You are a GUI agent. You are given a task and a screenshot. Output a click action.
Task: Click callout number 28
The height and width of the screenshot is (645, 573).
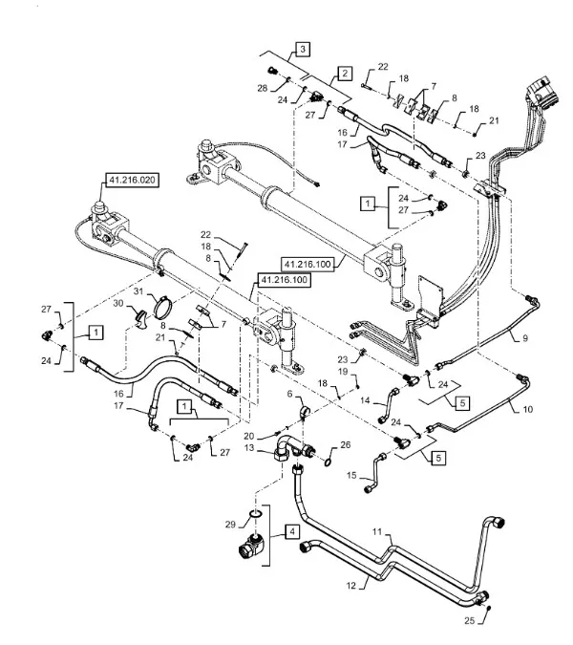pyautogui.click(x=262, y=88)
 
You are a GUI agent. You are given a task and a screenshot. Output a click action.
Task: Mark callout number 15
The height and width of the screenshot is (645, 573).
pyautogui.click(x=350, y=474)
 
